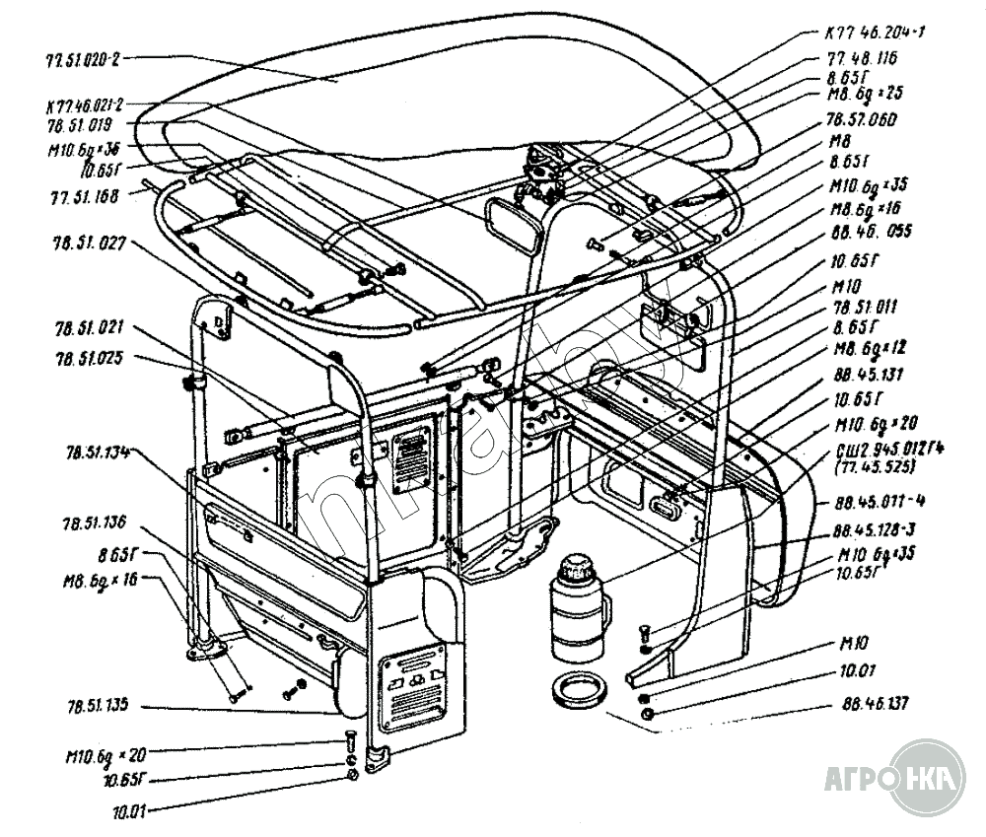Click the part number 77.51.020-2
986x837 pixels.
tap(82, 59)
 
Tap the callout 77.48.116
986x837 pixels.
tap(864, 59)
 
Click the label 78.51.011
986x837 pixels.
tap(862, 307)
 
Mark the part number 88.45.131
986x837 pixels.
tap(862, 375)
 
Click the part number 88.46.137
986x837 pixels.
tap(876, 704)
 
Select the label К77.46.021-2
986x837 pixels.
tap(84, 105)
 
